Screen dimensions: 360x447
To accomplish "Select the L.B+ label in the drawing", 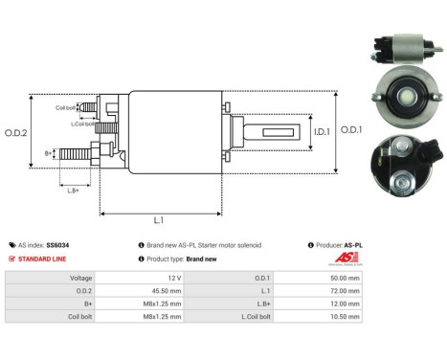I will (73, 191).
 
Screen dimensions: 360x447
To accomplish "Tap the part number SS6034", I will (59, 245).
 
